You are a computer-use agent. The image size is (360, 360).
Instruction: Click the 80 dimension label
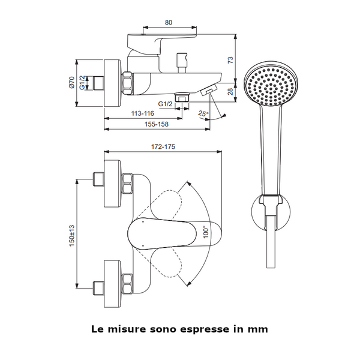pyautogui.click(x=169, y=23)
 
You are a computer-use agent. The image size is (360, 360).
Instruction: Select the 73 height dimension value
pyautogui.click(x=230, y=59)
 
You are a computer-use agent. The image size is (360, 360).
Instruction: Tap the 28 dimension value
pyautogui.click(x=231, y=92)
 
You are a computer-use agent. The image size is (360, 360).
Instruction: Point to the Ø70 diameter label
pyautogui.click(x=71, y=82)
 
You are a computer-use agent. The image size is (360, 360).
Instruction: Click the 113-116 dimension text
pyautogui.click(x=143, y=113)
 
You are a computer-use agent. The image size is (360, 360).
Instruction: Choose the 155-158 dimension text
pyautogui.click(x=157, y=124)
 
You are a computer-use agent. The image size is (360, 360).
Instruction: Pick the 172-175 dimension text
pyautogui.click(x=163, y=146)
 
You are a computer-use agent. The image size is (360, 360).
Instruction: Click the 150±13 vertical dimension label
pyautogui.click(x=72, y=236)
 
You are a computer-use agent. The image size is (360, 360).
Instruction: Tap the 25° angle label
pyautogui.click(x=203, y=113)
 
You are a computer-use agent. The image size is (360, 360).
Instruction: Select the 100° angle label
pyautogui.click(x=206, y=232)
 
